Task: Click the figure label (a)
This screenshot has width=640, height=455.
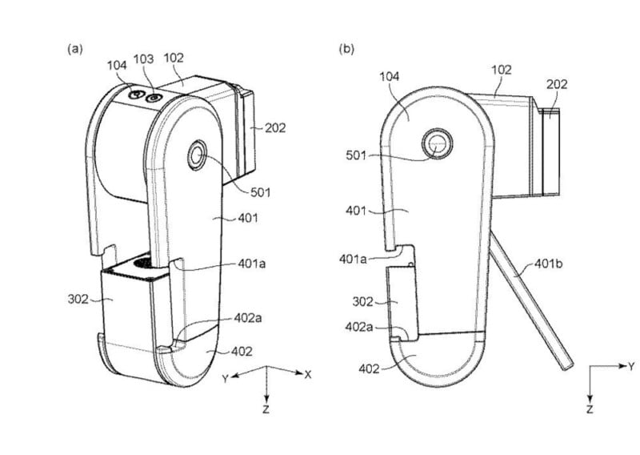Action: coord(75,49)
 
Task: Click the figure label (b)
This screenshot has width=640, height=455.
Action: coord(347,49)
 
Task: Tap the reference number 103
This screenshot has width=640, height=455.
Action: coord(144,59)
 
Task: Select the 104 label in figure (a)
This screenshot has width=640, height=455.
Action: coord(117,66)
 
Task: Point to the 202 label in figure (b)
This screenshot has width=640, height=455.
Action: coord(557,84)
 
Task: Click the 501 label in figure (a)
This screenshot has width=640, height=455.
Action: coord(261,192)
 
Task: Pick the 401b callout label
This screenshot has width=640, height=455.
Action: coord(548,264)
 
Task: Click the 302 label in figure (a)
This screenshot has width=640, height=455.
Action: coord(78,300)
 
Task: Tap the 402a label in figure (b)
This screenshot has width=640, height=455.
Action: coord(359,327)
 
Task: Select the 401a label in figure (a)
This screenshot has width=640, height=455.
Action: coord(252,264)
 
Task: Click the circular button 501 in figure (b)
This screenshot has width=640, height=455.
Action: coord(438,144)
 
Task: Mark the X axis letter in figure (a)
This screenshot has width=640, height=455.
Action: coord(308,374)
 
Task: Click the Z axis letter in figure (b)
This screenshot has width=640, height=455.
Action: coord(590,409)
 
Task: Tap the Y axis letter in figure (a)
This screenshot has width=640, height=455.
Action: coord(225,379)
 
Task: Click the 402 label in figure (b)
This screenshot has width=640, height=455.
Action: coord(369,369)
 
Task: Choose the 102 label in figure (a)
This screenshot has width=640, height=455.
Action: coord(174,58)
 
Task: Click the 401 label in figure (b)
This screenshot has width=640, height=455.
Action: coord(356,211)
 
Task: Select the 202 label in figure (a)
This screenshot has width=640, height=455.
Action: coord(275,128)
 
